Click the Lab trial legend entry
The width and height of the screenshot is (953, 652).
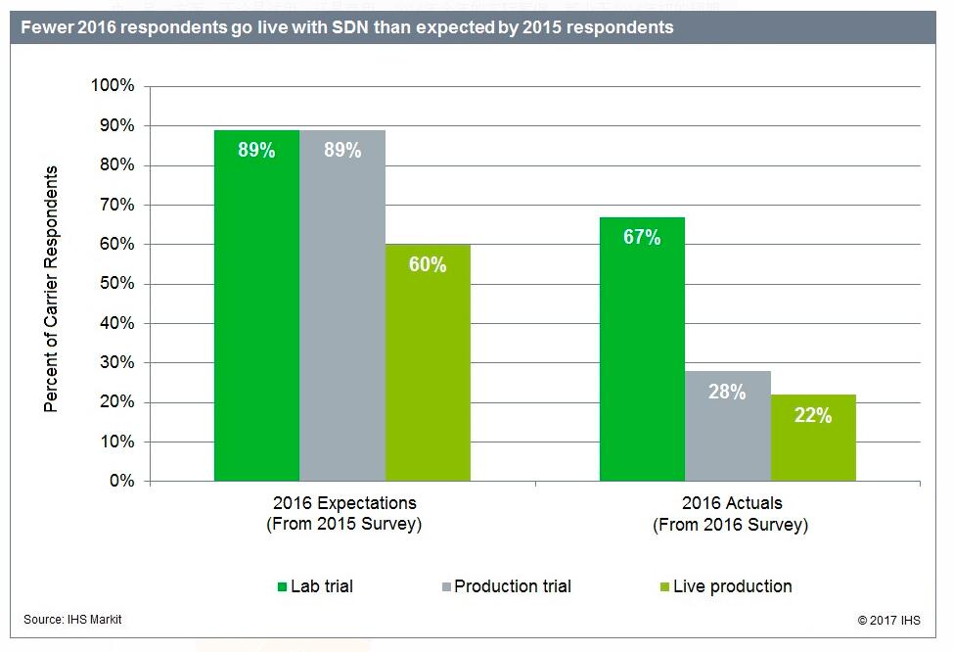[314, 586]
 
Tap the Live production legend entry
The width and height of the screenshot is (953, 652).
[725, 586]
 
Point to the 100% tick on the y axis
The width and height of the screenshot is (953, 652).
[113, 86]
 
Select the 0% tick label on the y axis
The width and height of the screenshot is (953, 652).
[121, 482]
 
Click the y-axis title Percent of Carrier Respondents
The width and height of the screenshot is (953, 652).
[52, 289]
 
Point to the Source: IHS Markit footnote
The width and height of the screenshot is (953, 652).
[73, 619]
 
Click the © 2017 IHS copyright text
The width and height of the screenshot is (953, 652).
[888, 620]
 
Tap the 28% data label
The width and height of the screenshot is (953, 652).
[728, 392]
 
